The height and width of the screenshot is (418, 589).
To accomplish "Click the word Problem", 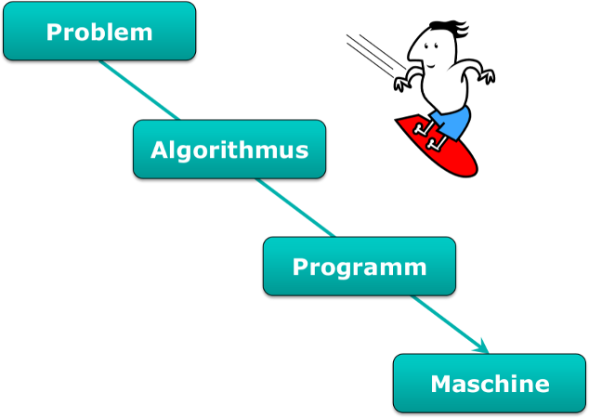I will (x=99, y=33).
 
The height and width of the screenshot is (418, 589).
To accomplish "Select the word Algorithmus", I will (x=229, y=150).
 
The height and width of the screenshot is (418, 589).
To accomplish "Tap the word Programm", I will (x=360, y=268).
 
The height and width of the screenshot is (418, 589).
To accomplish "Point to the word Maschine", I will (x=490, y=384).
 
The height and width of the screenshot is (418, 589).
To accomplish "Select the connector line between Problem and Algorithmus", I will (x=139, y=91).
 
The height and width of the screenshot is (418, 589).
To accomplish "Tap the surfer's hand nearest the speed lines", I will (x=400, y=85).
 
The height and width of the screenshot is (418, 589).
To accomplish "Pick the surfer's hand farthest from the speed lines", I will (x=487, y=78).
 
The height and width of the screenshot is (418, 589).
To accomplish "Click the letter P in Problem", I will (x=55, y=33).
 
